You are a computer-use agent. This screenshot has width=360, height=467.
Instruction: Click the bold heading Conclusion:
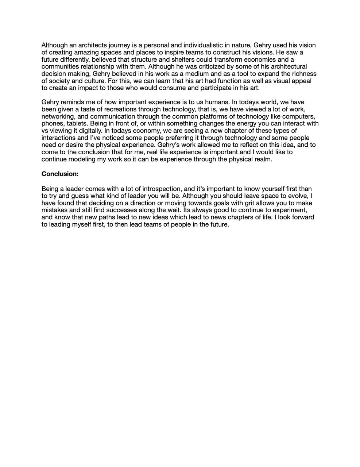pyautogui.click(x=60, y=174)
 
